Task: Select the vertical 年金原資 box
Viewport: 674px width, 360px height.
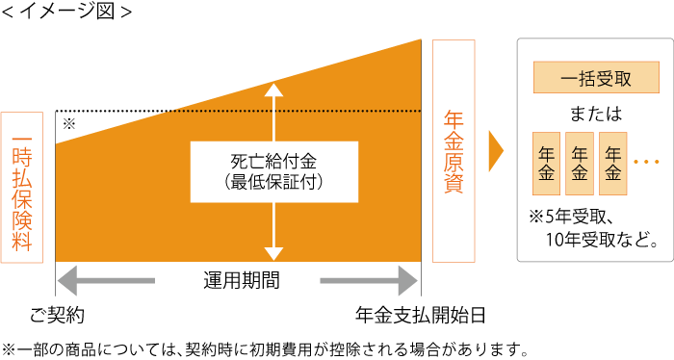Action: (454, 151)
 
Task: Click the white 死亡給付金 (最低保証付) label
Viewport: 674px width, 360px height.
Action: (274, 171)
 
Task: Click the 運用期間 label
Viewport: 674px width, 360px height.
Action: (238, 281)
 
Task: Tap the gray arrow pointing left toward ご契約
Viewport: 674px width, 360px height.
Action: (106, 282)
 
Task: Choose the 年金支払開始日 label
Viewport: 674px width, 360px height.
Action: (420, 315)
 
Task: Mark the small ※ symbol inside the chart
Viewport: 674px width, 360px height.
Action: (68, 123)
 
